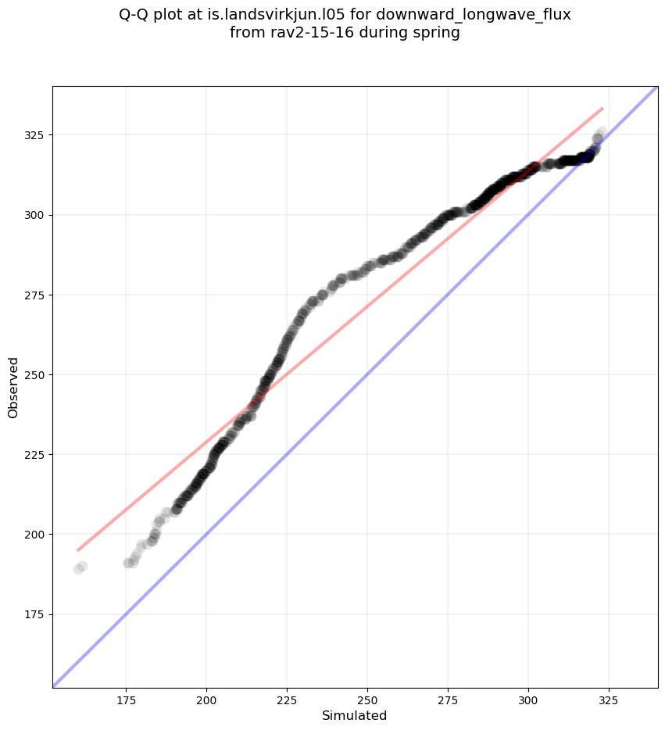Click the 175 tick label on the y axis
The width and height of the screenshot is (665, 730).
pos(36,614)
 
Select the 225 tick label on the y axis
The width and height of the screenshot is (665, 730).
pos(36,455)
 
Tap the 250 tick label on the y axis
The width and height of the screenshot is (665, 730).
pos(36,374)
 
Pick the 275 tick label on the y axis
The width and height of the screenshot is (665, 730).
pos(36,295)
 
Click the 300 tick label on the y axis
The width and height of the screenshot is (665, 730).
pos(36,215)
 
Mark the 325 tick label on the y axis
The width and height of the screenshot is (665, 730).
pos(36,135)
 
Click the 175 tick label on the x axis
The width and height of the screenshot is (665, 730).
pos(126,699)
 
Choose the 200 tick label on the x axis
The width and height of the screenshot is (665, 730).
pos(206,699)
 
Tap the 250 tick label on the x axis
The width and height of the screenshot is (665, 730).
pos(367,699)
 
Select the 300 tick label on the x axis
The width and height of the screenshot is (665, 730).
pos(528,699)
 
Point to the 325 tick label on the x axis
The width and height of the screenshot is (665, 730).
pos(609,699)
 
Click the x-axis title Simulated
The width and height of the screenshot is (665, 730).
pos(355,715)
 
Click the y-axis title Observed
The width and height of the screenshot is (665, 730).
pos(13,388)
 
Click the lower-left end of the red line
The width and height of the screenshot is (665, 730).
pos(78,550)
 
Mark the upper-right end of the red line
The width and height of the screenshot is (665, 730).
pos(602,108)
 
